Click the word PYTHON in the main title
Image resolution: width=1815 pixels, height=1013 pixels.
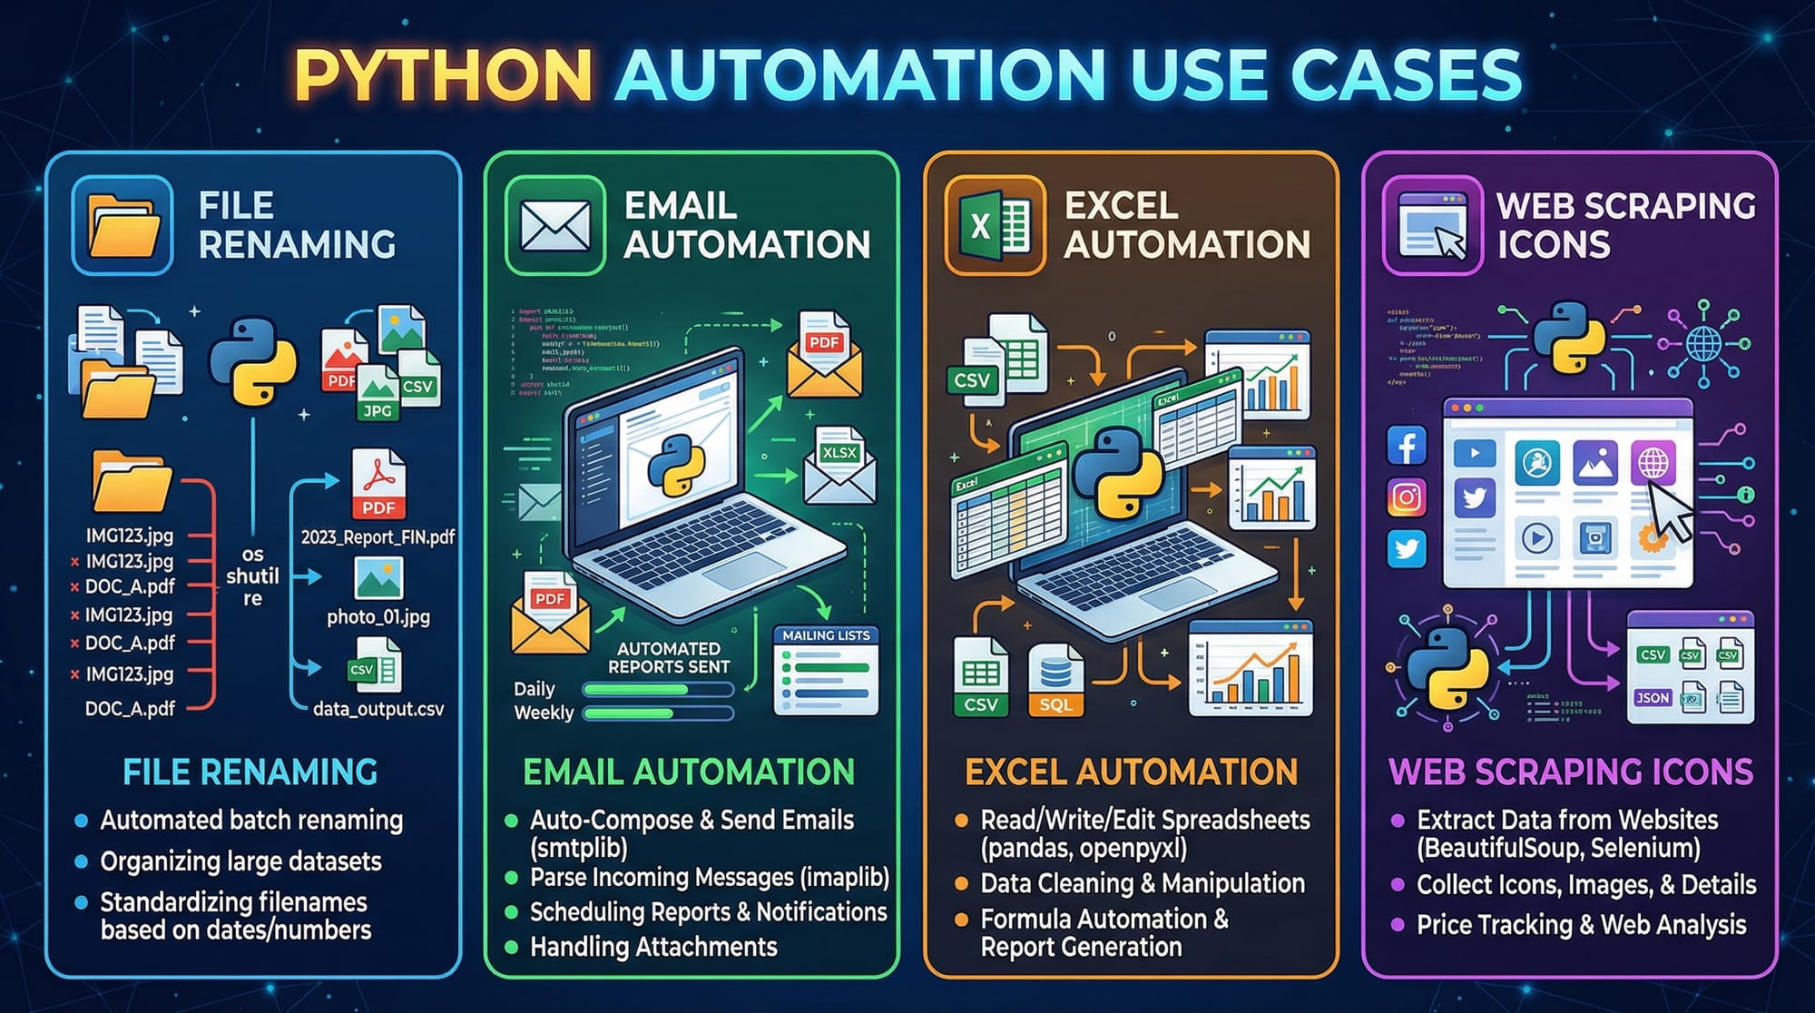(x=444, y=75)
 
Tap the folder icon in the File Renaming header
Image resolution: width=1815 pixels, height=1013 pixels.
(x=123, y=226)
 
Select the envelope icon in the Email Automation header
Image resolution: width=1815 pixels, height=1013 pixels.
(x=555, y=226)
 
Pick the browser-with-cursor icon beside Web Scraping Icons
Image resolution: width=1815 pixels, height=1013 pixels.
(x=1433, y=226)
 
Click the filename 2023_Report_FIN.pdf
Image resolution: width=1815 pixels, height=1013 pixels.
(x=378, y=537)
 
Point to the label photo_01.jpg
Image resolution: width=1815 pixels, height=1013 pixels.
(x=378, y=617)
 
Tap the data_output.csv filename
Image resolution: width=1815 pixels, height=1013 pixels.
(x=378, y=709)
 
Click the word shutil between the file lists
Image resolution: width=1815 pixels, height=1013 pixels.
(x=252, y=576)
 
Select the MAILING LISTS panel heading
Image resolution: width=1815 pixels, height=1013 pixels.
(x=826, y=635)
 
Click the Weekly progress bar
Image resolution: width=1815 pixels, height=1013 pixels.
(x=658, y=713)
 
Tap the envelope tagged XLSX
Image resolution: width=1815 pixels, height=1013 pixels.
(x=839, y=467)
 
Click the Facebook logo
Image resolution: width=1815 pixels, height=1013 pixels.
(x=1407, y=446)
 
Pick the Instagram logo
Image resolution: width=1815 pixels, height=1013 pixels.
(x=1407, y=497)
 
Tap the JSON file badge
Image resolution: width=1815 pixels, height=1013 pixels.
(x=1653, y=697)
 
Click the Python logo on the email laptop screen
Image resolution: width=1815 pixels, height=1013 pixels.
(x=676, y=465)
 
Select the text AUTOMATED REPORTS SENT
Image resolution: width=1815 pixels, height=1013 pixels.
(x=669, y=658)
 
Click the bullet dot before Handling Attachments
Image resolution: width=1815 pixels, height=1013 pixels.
(x=511, y=948)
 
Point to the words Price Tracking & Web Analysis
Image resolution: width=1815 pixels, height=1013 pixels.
(x=1581, y=925)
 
